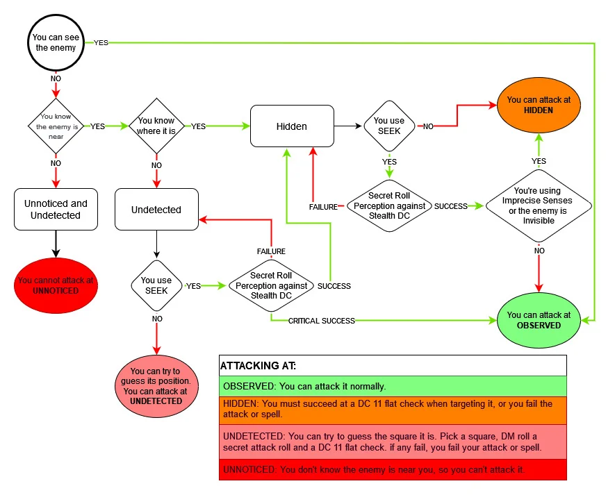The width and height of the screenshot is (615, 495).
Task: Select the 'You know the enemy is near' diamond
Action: pos(55,126)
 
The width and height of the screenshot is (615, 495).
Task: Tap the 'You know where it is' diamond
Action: pos(156,126)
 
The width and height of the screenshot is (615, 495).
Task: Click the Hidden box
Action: pos(291,126)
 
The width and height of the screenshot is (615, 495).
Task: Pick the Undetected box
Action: pos(156,210)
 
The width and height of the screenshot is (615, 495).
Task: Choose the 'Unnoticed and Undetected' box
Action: pos(56,210)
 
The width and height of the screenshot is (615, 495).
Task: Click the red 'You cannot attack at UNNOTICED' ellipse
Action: pos(56,285)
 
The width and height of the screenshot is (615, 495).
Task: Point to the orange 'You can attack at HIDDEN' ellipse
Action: pos(539,105)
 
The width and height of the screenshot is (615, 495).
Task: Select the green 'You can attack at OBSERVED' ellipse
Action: pos(539,320)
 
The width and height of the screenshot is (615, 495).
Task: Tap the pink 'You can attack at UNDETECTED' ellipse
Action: pos(156,386)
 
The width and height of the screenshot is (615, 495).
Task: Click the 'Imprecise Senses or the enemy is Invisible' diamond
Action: pos(539,206)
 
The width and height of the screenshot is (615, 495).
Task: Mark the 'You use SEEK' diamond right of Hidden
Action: pos(390,126)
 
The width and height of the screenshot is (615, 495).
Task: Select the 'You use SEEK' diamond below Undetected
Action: pos(156,285)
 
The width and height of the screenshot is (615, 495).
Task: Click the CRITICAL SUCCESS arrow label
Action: pos(321,321)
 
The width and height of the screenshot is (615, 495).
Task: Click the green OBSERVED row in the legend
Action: pos(393,386)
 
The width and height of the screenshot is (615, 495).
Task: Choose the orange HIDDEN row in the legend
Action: pos(393,410)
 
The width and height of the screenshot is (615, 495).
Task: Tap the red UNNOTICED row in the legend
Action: pos(393,470)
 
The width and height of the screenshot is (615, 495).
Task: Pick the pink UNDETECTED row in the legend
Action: pos(393,442)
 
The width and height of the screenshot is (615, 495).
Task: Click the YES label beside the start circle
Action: pos(101,43)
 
